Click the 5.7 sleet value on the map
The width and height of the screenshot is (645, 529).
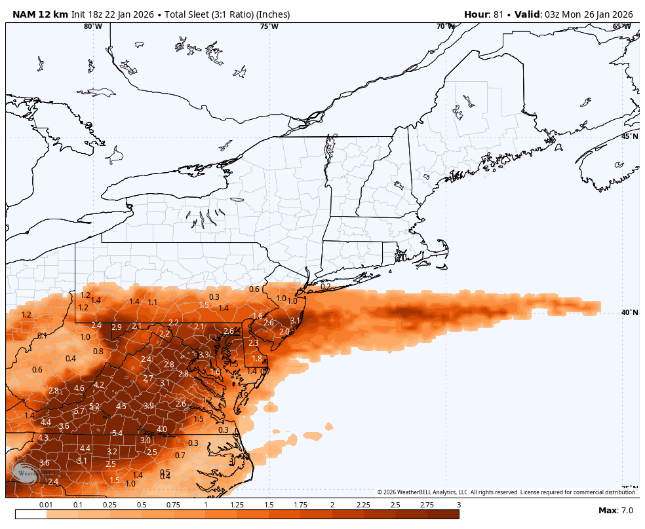click(79, 411)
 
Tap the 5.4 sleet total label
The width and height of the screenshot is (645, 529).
click(117, 433)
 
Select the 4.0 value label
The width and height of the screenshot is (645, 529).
click(162, 429)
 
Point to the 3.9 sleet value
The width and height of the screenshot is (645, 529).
click(149, 406)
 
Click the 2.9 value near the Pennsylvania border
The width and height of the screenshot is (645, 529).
click(117, 327)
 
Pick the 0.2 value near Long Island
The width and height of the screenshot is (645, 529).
click(325, 286)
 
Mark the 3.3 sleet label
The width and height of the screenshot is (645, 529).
click(203, 355)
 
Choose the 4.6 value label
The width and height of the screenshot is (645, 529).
click(79, 388)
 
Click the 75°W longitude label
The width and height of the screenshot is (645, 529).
click(269, 27)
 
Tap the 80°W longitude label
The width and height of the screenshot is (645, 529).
click(93, 27)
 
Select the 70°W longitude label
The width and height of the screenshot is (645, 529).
click(446, 27)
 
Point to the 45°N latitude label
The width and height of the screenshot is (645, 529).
click(629, 136)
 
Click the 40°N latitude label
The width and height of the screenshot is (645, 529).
click(629, 312)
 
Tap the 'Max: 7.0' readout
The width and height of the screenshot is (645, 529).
click(616, 511)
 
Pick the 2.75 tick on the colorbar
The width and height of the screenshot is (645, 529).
click(427, 505)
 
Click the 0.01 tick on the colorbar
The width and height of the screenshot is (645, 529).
click(46, 505)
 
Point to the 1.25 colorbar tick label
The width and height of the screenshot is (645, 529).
click(237, 505)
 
